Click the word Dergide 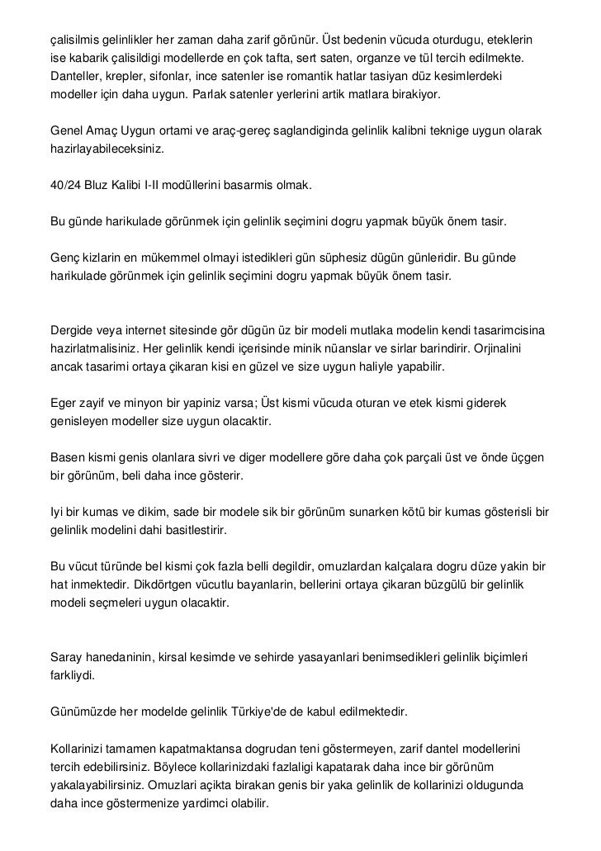[x=73, y=331]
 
